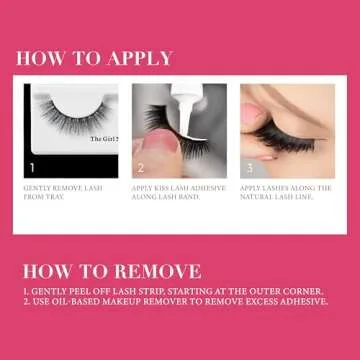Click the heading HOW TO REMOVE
click(110, 270)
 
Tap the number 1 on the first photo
click(32, 168)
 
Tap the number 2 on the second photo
click(142, 168)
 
